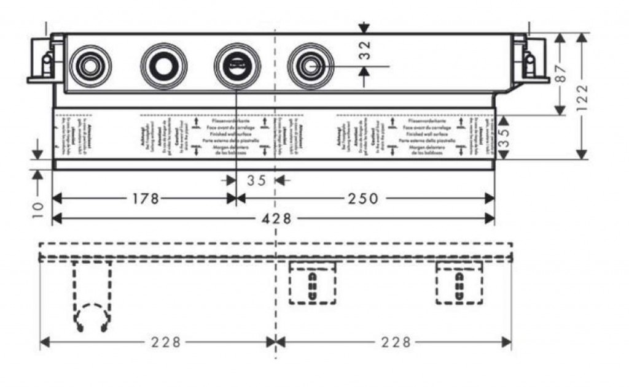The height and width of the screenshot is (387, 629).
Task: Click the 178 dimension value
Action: [145, 198]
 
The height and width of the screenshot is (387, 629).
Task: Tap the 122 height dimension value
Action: [583, 96]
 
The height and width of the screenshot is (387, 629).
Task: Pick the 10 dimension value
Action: [38, 207]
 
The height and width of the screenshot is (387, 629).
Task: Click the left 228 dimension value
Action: [166, 342]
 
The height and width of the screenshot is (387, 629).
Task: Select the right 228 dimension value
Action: [395, 342]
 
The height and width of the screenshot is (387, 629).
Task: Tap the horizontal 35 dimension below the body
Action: [257, 180]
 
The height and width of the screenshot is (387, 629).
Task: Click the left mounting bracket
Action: [45, 61]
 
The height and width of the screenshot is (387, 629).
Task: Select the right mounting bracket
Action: [530, 61]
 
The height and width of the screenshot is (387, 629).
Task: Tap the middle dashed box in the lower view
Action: [313, 282]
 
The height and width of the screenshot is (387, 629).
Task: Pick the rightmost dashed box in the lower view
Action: [459, 282]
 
